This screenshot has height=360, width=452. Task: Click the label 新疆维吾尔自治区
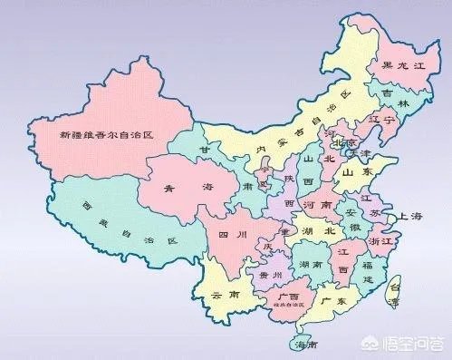click(106, 135)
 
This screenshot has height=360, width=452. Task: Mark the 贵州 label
click(271, 274)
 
